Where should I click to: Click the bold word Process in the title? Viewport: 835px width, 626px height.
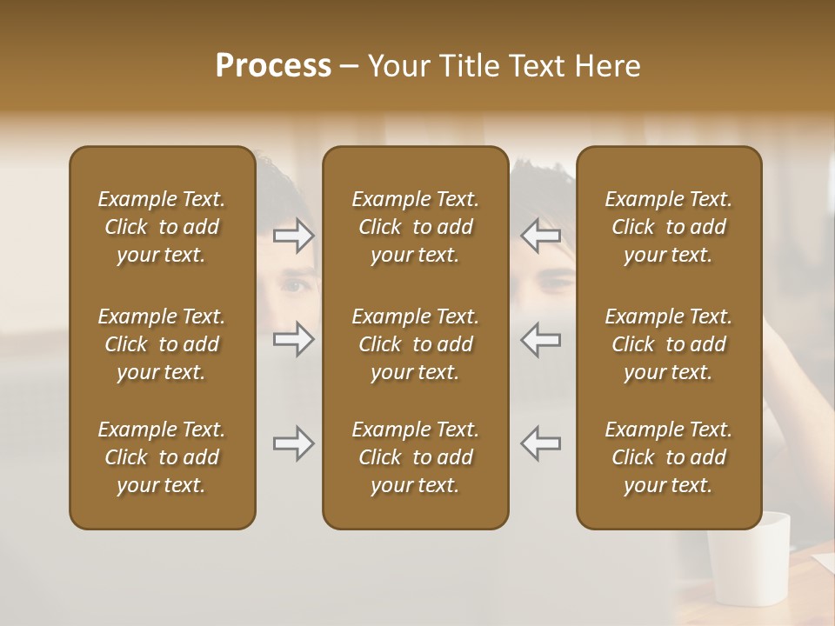pos(273,66)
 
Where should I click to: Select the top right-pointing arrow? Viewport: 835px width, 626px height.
pos(293,236)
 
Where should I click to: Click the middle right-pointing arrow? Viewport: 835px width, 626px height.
pos(293,339)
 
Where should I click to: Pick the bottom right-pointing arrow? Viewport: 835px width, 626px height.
pos(293,443)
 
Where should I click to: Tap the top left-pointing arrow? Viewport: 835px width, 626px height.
pos(540,236)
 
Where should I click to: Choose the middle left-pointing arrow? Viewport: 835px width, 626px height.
pos(540,339)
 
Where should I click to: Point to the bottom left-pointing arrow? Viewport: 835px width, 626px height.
pos(540,443)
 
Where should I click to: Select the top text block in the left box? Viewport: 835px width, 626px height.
pos(162,227)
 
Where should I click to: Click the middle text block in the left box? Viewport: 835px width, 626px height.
pos(162,344)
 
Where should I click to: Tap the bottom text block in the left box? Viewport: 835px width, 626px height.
pos(162,457)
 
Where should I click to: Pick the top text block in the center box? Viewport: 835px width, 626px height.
pos(416,227)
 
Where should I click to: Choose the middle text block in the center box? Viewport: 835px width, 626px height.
pos(416,344)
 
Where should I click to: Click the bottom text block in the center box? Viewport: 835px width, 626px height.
pos(416,457)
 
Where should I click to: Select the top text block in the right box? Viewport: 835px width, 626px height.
pos(669,227)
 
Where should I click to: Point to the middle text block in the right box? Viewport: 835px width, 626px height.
pos(669,344)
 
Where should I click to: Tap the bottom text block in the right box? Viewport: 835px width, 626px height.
pos(669,457)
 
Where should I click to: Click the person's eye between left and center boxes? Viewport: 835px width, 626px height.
pos(296,285)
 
